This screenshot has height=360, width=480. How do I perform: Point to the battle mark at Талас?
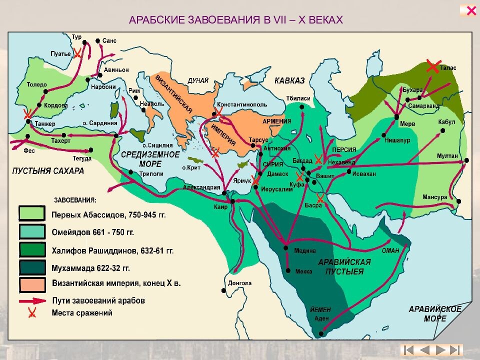pyautogui.click(x=433, y=66)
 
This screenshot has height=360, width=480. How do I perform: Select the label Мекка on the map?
pyautogui.click(x=303, y=271)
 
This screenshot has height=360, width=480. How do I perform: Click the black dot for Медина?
pyautogui.click(x=285, y=247)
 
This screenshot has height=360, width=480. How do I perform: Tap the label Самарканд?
pyautogui.click(x=423, y=106)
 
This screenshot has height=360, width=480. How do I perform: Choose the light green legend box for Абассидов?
pyautogui.click(x=32, y=213)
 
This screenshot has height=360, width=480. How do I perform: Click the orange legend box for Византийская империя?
pyautogui.click(x=32, y=283)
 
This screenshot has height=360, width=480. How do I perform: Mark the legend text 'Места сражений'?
pyautogui.click(x=82, y=313)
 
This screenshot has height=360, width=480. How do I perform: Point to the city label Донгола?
pyautogui.click(x=239, y=282)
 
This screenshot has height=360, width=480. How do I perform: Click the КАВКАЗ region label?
pyautogui.click(x=289, y=80)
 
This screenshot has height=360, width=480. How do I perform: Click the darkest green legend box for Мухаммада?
pyautogui.click(x=32, y=267)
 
